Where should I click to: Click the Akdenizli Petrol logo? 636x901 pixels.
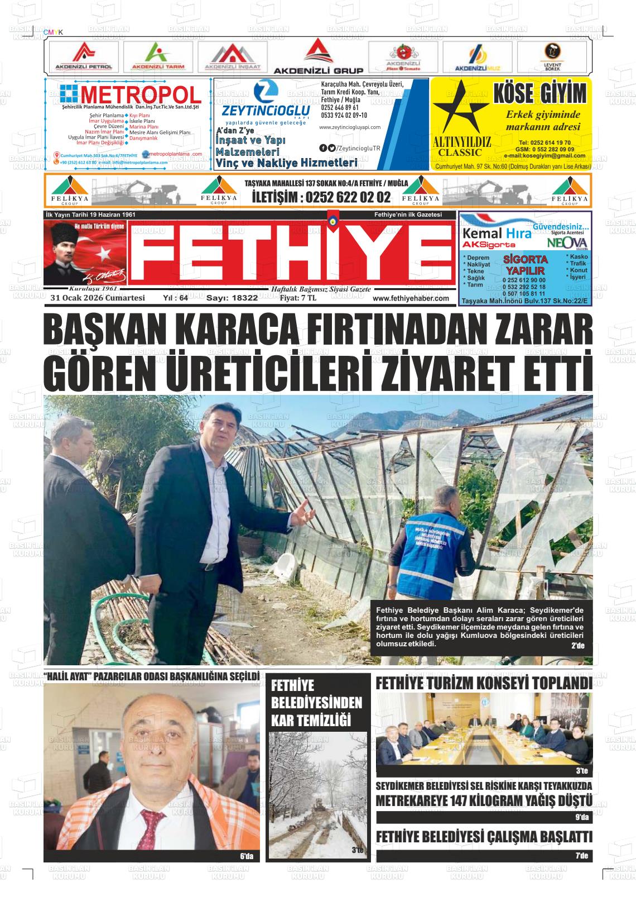[84, 56]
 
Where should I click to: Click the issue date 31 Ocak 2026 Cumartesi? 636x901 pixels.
[98, 298]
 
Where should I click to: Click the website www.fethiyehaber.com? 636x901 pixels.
[411, 298]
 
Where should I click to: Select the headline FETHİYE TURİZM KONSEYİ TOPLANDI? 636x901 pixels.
[484, 684]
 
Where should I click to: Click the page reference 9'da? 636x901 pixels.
[581, 818]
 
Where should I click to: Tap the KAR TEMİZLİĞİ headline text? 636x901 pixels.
[310, 721]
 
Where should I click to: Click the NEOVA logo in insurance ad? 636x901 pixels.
[566, 243]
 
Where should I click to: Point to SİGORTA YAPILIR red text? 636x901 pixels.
[525, 265]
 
